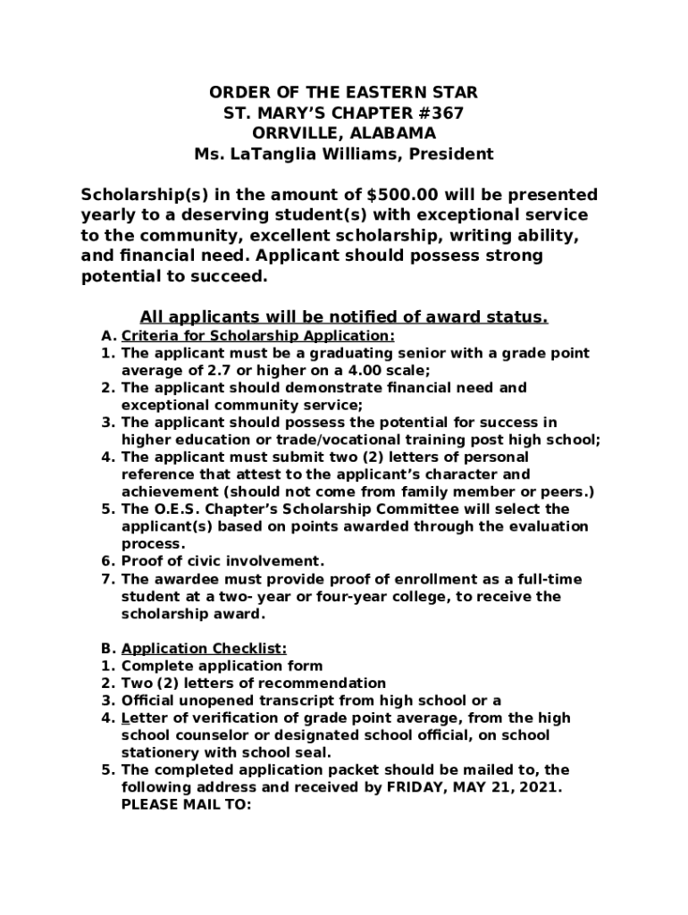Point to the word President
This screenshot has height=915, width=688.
451,154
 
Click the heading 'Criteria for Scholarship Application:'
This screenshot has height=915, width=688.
257,336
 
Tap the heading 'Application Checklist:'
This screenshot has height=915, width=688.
204,649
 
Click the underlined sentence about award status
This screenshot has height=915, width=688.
344,317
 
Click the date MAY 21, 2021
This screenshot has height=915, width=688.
509,787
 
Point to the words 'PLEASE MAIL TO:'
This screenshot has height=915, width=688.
187,804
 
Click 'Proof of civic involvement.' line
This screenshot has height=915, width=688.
222,561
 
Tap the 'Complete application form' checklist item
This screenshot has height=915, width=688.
222,666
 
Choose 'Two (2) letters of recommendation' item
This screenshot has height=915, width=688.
253,684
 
